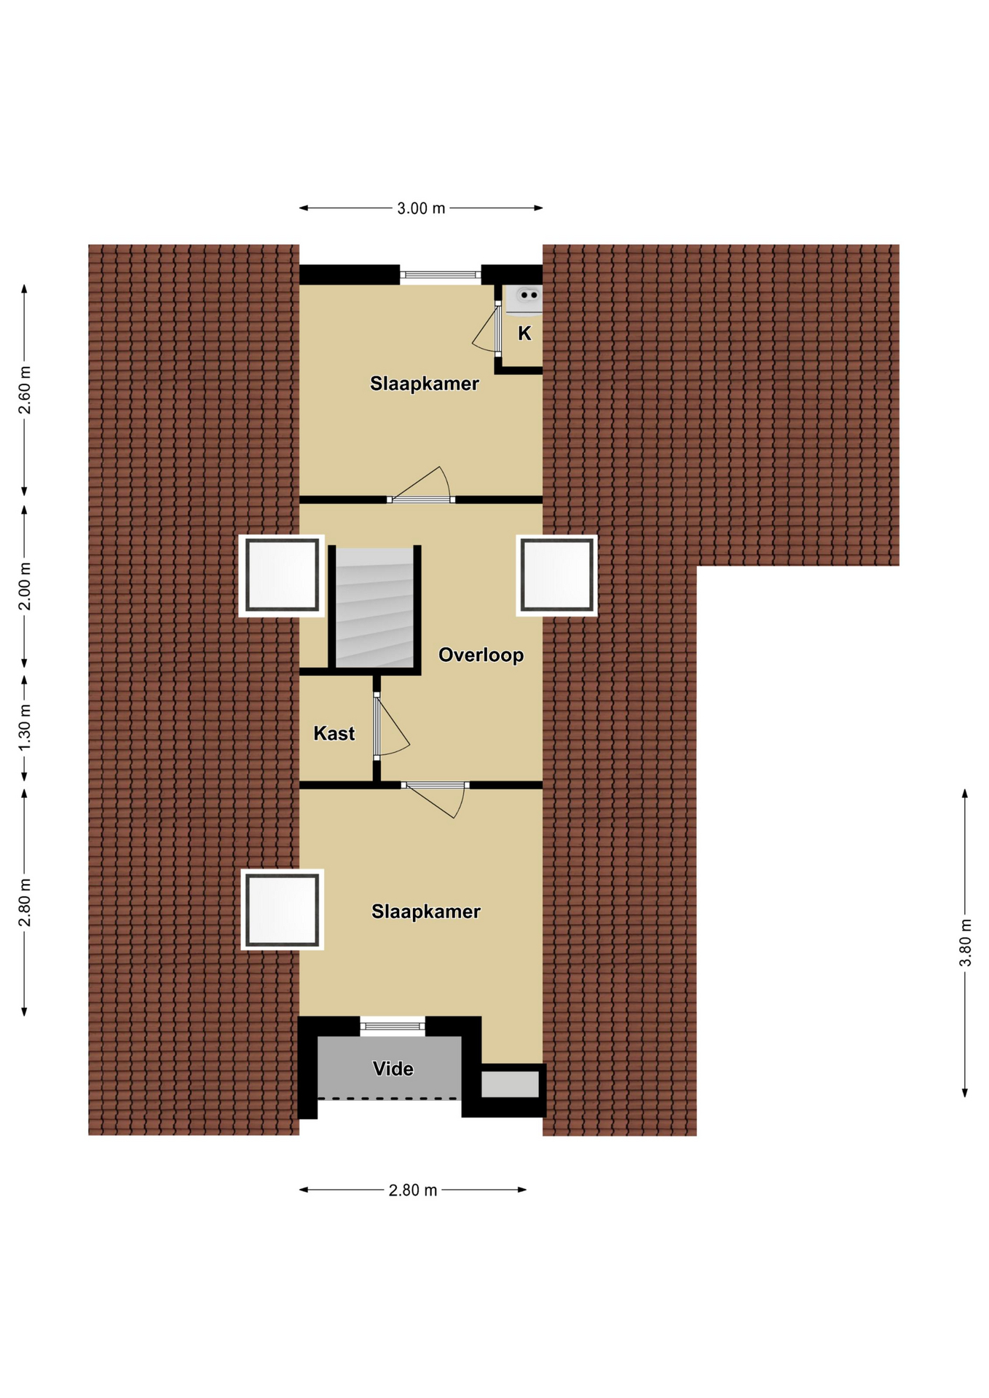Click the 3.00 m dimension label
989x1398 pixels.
tap(420, 208)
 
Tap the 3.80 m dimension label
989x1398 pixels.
tap(965, 942)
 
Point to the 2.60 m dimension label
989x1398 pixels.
tap(25, 389)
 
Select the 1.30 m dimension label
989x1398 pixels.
tap(25, 728)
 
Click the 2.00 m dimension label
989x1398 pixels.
tap(25, 586)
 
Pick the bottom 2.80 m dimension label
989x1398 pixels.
tap(412, 1190)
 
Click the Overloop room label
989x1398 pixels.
tap(481, 655)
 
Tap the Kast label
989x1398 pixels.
tap(334, 733)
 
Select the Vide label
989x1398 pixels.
tap(393, 1068)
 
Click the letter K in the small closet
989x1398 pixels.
tap(524, 333)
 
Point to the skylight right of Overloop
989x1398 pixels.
tap(557, 575)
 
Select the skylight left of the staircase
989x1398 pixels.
tap(282, 576)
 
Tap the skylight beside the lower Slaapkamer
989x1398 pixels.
tap(283, 909)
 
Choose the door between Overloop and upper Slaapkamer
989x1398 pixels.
tap(420, 484)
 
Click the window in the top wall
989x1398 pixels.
tap(441, 275)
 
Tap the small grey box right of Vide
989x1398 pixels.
tap(510, 1084)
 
